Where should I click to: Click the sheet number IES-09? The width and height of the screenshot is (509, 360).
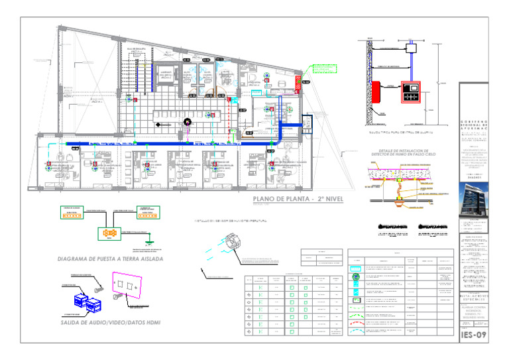(x=473, y=335)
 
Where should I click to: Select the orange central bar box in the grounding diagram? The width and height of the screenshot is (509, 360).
(x=106, y=233)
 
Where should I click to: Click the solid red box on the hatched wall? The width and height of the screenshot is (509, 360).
(x=377, y=93)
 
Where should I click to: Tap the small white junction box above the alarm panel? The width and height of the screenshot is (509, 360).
(x=410, y=48)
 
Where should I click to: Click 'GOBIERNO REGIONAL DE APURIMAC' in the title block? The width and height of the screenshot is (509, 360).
(x=473, y=127)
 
